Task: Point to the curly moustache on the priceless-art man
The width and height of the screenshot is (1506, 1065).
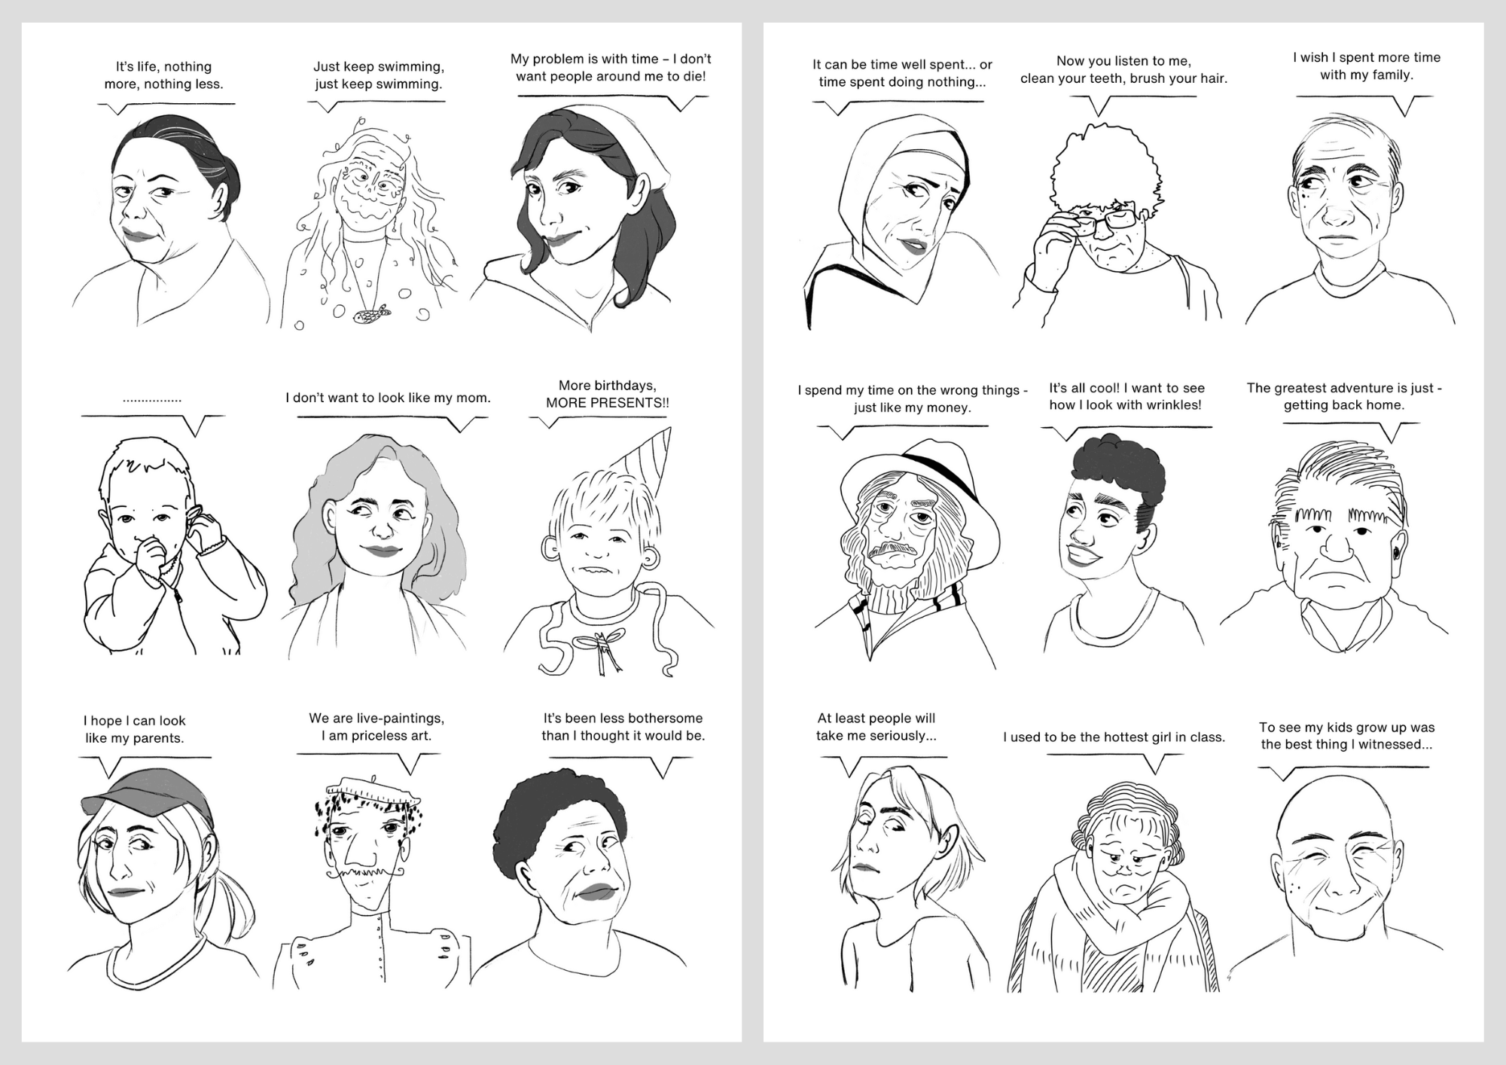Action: [x=365, y=873]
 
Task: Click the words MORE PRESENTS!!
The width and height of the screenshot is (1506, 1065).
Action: [x=607, y=403]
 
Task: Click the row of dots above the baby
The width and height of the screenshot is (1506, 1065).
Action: [x=152, y=400]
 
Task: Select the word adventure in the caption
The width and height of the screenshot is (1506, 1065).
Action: [x=1344, y=388]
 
